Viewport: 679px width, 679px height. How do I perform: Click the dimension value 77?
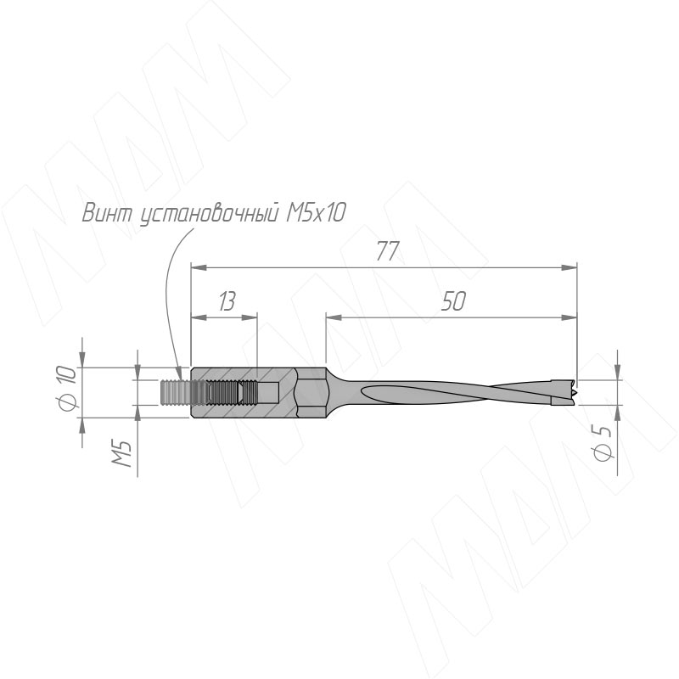click(387, 251)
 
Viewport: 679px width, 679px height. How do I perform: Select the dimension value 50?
click(453, 301)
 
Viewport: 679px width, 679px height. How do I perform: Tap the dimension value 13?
click(227, 301)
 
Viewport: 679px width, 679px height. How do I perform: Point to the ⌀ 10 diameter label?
click(66, 387)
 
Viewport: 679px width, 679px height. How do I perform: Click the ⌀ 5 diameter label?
click(602, 442)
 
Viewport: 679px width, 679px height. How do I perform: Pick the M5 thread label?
click(122, 453)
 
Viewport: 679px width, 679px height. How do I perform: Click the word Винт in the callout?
click(107, 213)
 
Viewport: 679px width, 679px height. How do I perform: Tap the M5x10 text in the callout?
click(316, 213)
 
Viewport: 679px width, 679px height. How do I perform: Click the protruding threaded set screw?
click(176, 393)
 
